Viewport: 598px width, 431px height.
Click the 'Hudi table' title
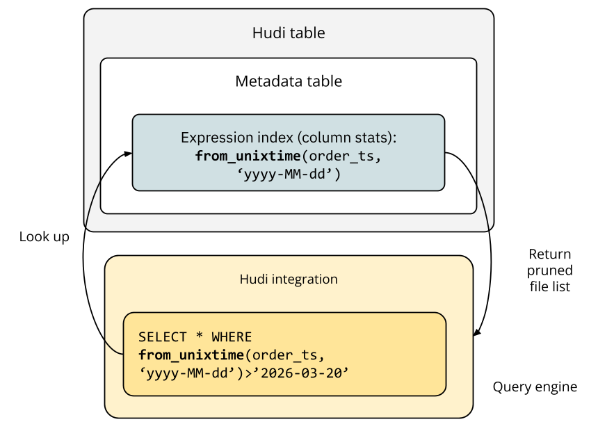[x=289, y=33]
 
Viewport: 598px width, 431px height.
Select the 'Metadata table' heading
[x=289, y=81]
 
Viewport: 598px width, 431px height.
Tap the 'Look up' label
[x=45, y=237]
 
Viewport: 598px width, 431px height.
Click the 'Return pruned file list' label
[x=549, y=270]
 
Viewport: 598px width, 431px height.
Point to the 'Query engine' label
[x=535, y=387]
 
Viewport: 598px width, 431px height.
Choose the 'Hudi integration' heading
[x=289, y=279]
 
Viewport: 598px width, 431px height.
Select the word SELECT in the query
[x=163, y=337]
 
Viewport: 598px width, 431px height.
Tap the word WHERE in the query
[x=232, y=337]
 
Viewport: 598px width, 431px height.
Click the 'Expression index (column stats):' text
[x=289, y=137]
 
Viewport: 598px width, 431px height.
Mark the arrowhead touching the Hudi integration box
[x=477, y=333]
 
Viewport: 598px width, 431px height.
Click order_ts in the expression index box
[x=344, y=156]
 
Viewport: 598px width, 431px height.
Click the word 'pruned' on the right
[x=549, y=270]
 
